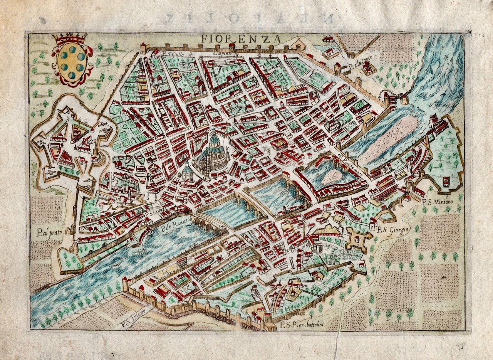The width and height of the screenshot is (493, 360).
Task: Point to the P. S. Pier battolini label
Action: tap(303, 325)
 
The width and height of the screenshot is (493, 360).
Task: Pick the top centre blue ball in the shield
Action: tap(72, 49)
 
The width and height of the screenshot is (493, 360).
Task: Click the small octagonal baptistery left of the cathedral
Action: tap(187, 172)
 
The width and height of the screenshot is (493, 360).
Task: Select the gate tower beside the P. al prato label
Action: tap(71, 230)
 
